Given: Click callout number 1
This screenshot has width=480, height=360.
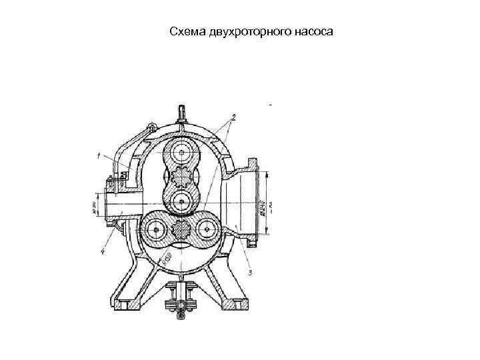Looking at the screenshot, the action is click(98, 157).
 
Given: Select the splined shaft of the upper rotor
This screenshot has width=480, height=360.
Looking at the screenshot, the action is click(181, 179).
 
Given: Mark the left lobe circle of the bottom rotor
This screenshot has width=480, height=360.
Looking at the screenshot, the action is click(158, 230).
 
